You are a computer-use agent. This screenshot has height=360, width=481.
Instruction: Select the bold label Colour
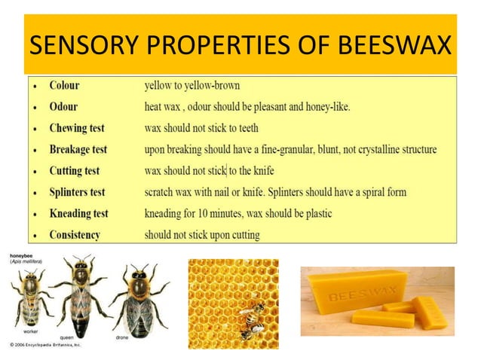pos(64,85)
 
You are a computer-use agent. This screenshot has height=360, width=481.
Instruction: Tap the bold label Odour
pos(63,107)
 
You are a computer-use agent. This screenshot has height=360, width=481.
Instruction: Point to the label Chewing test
pos(78,128)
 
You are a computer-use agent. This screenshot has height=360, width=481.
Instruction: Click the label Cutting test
pos(75,171)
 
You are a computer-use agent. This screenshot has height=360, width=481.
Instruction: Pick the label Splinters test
pos(78,192)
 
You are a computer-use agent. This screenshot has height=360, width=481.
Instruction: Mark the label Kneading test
pos(78,214)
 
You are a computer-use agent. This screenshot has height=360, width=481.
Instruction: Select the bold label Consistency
pos(75,235)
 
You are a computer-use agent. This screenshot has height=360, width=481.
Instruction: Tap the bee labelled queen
pos(81,294)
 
